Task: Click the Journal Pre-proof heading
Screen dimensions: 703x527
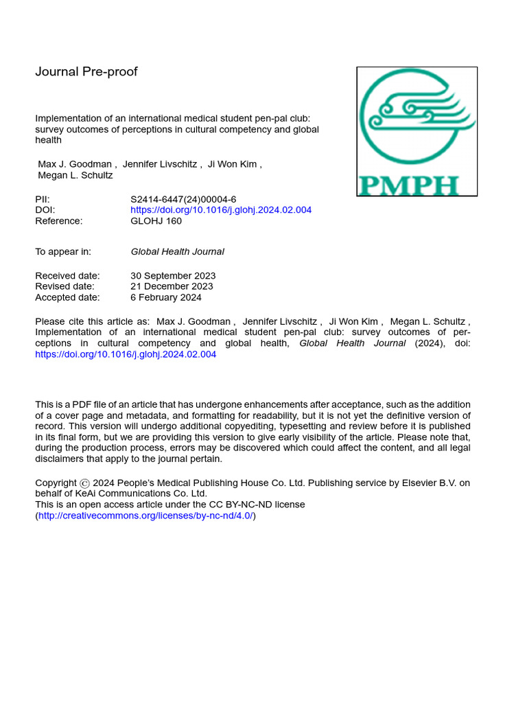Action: pos(86,72)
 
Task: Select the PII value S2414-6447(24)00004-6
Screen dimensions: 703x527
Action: pos(183,199)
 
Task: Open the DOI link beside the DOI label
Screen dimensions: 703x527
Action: pos(221,210)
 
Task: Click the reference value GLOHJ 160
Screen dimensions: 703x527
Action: pos(156,221)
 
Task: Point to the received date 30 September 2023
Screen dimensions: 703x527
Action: pos(173,276)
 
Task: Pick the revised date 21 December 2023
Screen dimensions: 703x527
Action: pos(172,286)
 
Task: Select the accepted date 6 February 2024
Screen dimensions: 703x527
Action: pos(166,297)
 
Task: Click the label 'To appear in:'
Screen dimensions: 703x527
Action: pos(63,252)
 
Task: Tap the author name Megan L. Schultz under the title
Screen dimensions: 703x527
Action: pos(75,175)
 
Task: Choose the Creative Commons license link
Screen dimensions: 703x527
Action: pos(145,516)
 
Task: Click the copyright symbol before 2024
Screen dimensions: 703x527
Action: pos(84,483)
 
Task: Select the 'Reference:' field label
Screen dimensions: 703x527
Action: pos(59,221)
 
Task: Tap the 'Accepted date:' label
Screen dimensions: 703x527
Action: pos(67,297)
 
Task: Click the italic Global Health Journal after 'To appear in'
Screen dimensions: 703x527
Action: pos(177,252)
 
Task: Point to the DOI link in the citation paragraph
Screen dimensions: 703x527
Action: pos(126,354)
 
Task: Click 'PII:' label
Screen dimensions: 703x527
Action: pos(43,199)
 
